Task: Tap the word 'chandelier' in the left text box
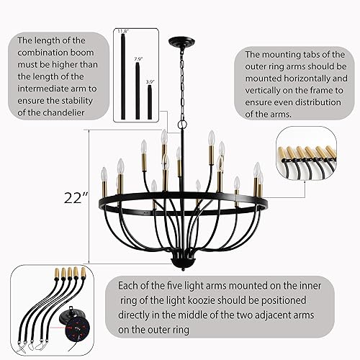[54, 114]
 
